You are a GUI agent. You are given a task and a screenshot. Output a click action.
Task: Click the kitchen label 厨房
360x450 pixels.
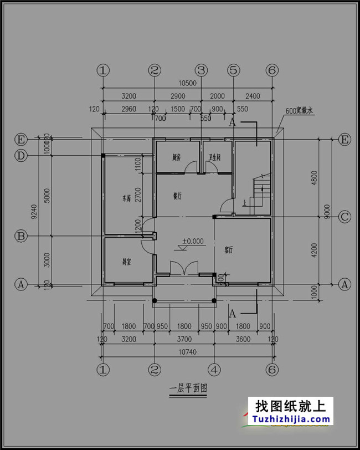(x=177, y=158)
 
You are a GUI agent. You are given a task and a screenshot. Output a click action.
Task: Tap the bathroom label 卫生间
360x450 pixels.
(x=215, y=158)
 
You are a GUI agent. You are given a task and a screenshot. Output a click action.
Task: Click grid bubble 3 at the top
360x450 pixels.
(x=201, y=70)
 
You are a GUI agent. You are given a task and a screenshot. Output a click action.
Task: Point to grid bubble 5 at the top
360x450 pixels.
(x=234, y=70)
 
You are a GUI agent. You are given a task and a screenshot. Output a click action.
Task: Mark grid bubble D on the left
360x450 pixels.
(x=21, y=156)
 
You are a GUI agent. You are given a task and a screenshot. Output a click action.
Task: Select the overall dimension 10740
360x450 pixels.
(x=188, y=352)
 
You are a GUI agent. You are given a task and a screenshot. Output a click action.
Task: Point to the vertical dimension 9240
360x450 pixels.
(x=33, y=211)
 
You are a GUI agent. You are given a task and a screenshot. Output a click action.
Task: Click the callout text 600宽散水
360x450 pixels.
(x=300, y=111)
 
